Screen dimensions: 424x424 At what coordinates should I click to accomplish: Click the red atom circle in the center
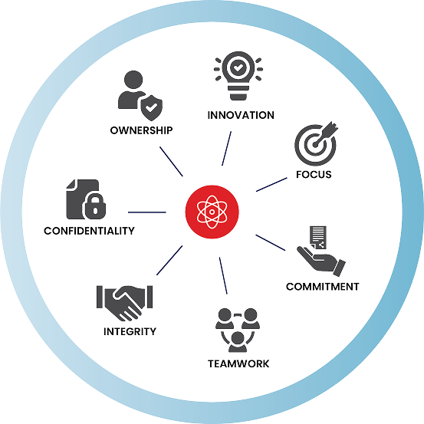[x=212, y=212]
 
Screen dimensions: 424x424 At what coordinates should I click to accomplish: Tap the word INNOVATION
[x=241, y=115]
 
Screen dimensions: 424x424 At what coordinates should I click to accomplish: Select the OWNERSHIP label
[x=141, y=130]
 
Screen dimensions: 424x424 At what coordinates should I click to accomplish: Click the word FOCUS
[x=314, y=174]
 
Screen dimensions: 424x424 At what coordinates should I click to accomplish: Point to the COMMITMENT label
[x=323, y=287]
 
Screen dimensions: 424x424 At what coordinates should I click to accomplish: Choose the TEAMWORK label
[x=238, y=363]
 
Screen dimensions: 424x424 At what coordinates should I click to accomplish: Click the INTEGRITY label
[x=130, y=331]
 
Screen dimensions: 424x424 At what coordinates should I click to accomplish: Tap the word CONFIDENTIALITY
[x=89, y=231]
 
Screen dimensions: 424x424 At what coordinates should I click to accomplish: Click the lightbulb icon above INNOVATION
[x=238, y=76]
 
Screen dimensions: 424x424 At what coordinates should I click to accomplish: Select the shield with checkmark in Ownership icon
[x=152, y=107]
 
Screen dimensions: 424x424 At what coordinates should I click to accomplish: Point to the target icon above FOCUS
[x=316, y=143]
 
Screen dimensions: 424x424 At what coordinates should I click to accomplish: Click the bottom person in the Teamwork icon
[x=238, y=341]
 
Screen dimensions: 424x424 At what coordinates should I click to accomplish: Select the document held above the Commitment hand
[x=318, y=238]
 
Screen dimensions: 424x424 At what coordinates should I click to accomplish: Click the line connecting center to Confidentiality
[x=147, y=212]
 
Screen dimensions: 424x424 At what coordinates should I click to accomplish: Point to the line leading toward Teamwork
[x=223, y=275]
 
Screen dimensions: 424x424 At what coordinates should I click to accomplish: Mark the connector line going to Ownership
[x=171, y=162]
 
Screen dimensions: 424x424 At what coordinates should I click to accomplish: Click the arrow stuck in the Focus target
[x=326, y=133]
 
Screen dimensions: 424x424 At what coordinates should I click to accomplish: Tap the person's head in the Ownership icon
[x=133, y=80]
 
